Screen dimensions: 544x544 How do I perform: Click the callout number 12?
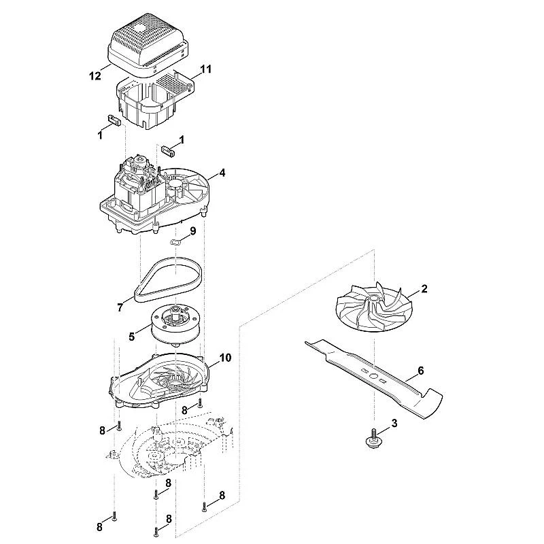(95, 75)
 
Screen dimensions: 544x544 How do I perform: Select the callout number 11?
(206, 69)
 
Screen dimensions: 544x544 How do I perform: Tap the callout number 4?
(222, 173)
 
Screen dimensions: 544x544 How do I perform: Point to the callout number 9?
(192, 231)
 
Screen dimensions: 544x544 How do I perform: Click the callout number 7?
(120, 307)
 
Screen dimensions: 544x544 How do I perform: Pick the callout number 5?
(131, 336)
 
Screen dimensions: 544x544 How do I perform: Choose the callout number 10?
(226, 358)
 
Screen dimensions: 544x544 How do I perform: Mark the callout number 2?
(424, 288)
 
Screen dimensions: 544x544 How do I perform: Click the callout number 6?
(420, 371)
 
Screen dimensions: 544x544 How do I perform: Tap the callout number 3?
(394, 423)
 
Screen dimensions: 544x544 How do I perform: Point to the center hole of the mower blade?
(373, 376)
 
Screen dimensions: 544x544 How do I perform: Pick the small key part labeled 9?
(176, 241)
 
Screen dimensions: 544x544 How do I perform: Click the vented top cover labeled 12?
(148, 45)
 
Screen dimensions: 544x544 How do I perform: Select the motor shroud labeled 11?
(154, 101)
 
